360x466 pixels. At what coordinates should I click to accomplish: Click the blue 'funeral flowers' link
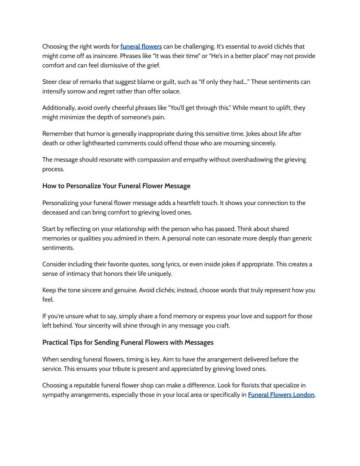coord(141,46)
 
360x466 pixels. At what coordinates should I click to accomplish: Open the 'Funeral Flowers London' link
coord(281,395)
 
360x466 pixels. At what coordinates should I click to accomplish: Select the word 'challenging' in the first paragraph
coord(198,46)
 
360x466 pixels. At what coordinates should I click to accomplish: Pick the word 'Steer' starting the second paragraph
coord(49,82)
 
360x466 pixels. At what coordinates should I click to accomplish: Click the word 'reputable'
coord(87,385)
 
